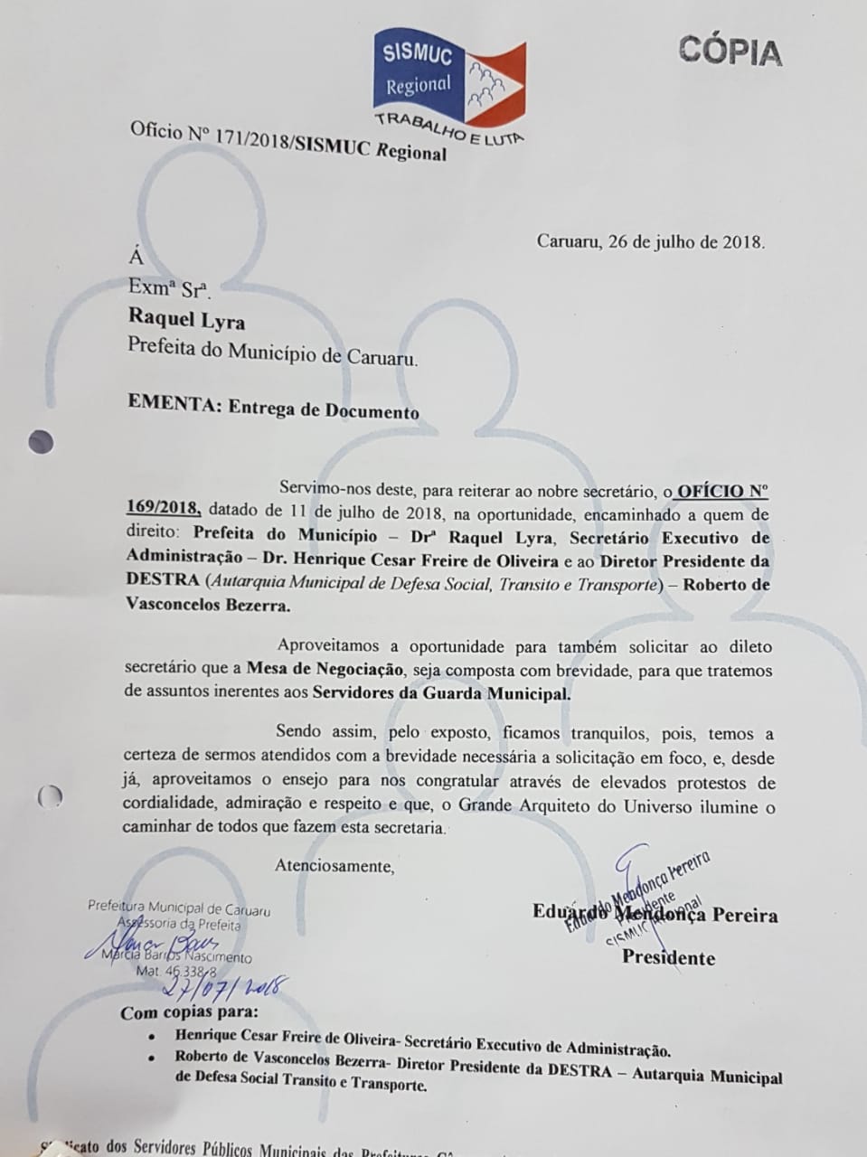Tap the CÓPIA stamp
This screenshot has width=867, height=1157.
click(x=730, y=52)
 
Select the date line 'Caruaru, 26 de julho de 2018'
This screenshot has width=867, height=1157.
click(x=651, y=241)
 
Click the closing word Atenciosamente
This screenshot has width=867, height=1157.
click(x=335, y=866)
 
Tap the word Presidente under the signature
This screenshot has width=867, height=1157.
click(x=668, y=957)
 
